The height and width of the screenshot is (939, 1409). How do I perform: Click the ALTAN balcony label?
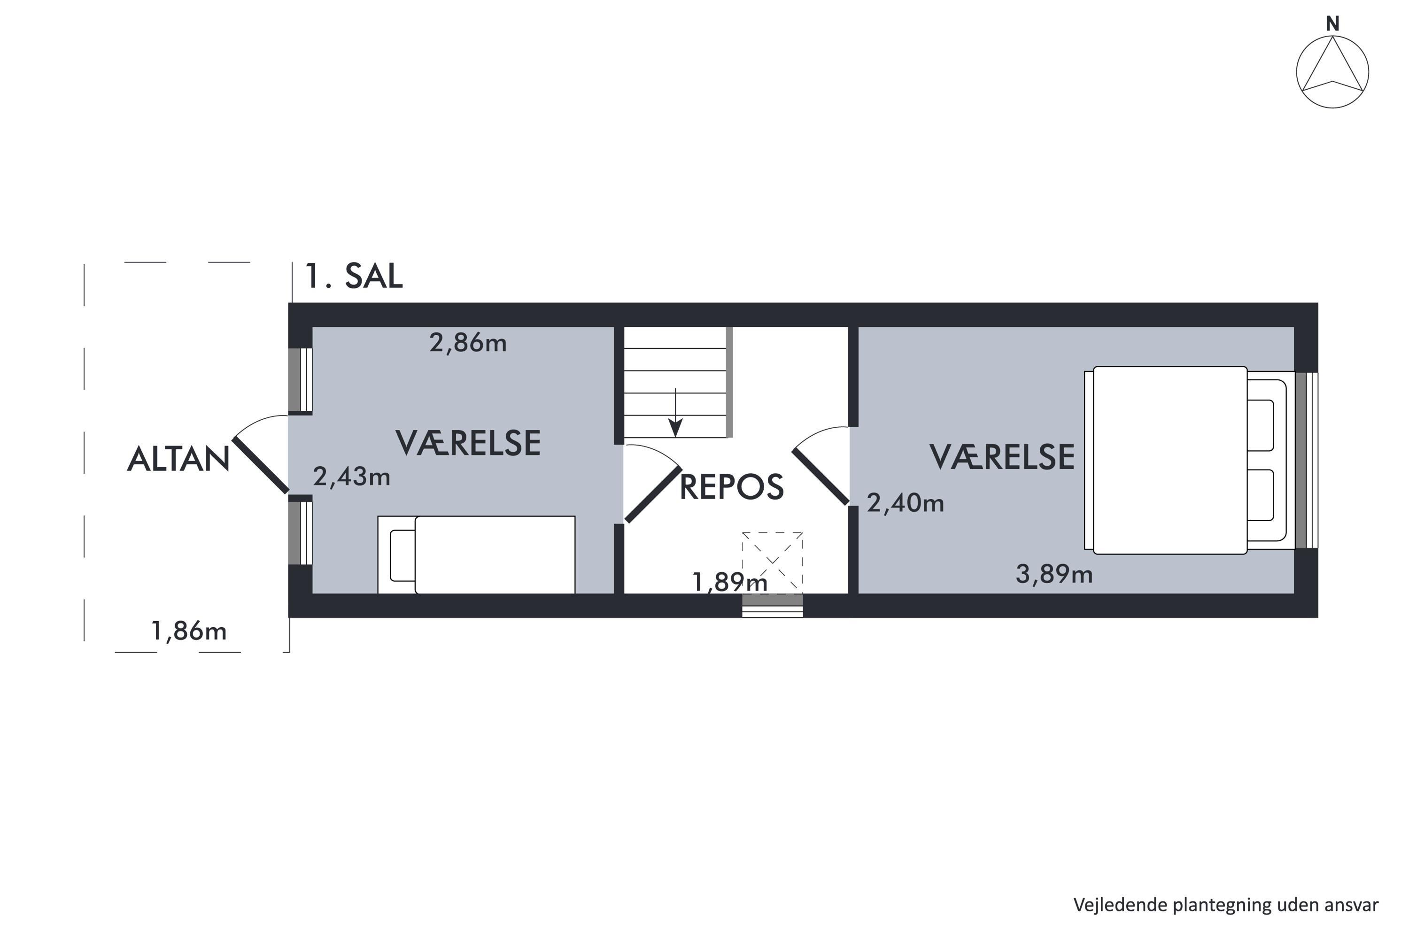click(178, 459)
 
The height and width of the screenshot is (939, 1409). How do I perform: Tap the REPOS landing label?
click(731, 486)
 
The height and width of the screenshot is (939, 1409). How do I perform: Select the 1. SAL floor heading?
click(354, 276)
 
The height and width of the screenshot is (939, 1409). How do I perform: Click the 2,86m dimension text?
click(468, 343)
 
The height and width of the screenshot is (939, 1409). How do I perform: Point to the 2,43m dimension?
click(352, 477)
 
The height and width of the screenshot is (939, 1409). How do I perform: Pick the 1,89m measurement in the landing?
click(730, 582)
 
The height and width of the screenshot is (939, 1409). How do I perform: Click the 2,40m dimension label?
click(905, 503)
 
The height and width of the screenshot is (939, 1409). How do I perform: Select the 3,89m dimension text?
click(1054, 574)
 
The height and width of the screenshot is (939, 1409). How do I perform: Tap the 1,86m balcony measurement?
click(189, 631)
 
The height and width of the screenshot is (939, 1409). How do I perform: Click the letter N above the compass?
click(1332, 24)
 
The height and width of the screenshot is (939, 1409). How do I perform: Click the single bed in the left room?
click(476, 554)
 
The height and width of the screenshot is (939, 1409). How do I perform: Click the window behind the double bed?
click(1306, 460)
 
